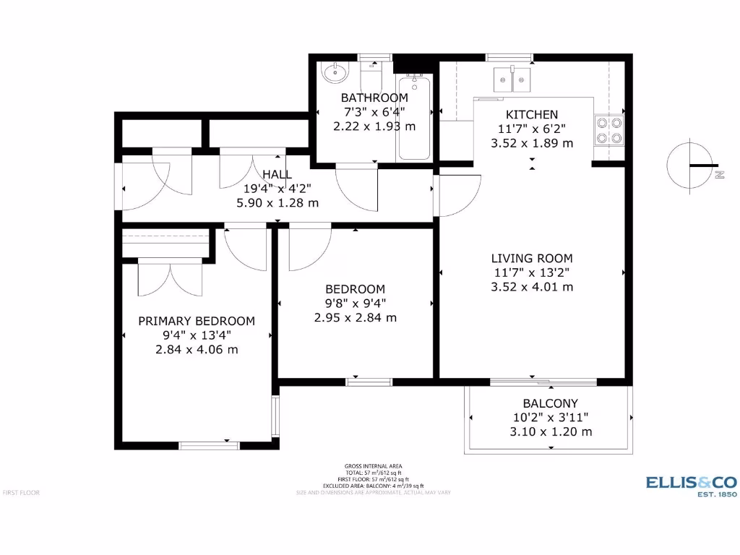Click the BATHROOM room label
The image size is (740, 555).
click(x=374, y=98)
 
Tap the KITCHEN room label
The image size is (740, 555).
click(x=531, y=115)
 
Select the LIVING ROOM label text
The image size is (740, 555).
click(x=531, y=258)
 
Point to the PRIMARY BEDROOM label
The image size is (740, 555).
click(x=197, y=321)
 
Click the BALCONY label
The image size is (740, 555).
click(x=550, y=403)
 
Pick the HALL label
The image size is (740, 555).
click(x=277, y=174)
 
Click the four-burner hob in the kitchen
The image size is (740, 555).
click(x=608, y=129)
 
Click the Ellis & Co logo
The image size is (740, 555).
click(x=690, y=485)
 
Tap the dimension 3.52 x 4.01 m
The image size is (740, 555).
click(x=531, y=287)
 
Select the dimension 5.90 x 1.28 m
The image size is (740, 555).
click(x=277, y=203)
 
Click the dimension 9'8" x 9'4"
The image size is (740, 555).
click(x=355, y=304)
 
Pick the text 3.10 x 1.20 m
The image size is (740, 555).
click(x=550, y=432)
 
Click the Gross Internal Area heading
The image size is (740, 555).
click(x=374, y=466)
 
